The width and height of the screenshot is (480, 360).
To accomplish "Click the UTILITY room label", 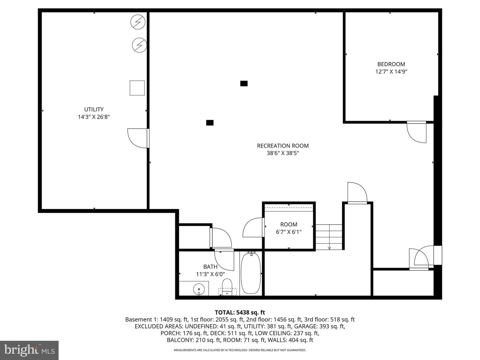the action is [x=94, y=109].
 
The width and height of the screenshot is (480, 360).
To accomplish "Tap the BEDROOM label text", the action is [x=391, y=64].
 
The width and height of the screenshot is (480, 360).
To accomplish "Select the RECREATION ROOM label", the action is [x=283, y=146].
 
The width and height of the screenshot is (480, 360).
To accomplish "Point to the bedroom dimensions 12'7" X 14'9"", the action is [x=391, y=72].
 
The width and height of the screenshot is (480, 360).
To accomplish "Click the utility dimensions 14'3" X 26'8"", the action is [x=94, y=117].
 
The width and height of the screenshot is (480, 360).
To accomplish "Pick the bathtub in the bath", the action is [x=251, y=273].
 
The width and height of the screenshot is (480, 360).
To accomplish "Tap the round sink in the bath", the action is [x=199, y=289].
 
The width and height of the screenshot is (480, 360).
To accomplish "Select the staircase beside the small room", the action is [x=329, y=237].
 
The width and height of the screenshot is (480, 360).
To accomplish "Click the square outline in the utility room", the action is [x=137, y=88].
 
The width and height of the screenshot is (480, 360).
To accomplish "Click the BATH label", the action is [x=210, y=267].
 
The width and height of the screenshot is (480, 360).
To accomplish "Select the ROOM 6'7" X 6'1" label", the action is [x=289, y=228].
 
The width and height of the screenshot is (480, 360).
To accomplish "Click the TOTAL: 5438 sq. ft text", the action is [x=240, y=312].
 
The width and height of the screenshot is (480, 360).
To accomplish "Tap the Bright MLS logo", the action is [x=29, y=350].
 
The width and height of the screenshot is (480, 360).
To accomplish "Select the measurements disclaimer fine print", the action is [x=240, y=350].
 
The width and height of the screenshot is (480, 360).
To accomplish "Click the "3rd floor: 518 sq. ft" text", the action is [x=329, y=320].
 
